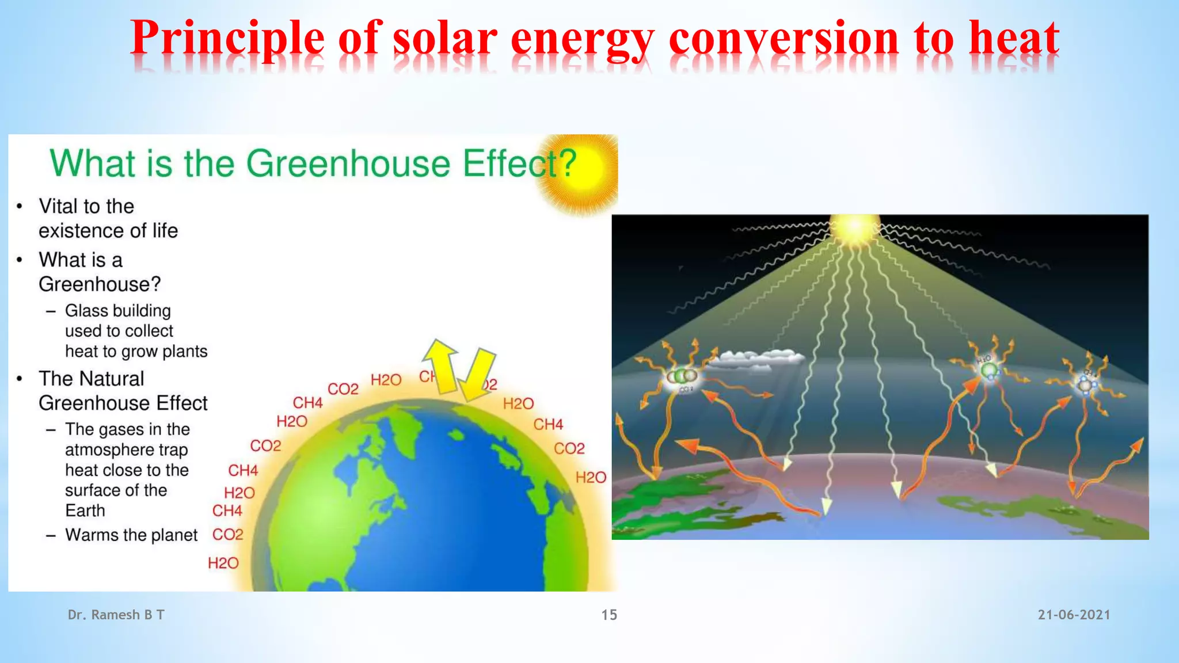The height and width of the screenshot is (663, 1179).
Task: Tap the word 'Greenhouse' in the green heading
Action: click(348, 163)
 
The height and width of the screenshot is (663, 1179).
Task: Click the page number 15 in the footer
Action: click(609, 615)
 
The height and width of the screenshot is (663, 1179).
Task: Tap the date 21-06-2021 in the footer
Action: click(1074, 615)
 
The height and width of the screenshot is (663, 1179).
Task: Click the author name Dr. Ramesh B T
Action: click(116, 615)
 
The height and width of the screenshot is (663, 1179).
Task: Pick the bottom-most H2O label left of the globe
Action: click(223, 563)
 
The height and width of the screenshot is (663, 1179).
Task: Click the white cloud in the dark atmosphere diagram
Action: click(757, 359)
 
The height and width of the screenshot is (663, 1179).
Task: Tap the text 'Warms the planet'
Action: click(131, 535)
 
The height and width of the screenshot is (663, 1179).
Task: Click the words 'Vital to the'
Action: click(86, 206)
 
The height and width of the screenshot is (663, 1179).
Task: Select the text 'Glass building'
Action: click(118, 311)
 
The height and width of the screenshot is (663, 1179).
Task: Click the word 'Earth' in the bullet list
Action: click(85, 510)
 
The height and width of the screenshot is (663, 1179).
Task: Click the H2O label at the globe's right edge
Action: click(591, 477)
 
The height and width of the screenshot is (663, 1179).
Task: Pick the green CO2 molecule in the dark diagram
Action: click(682, 376)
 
